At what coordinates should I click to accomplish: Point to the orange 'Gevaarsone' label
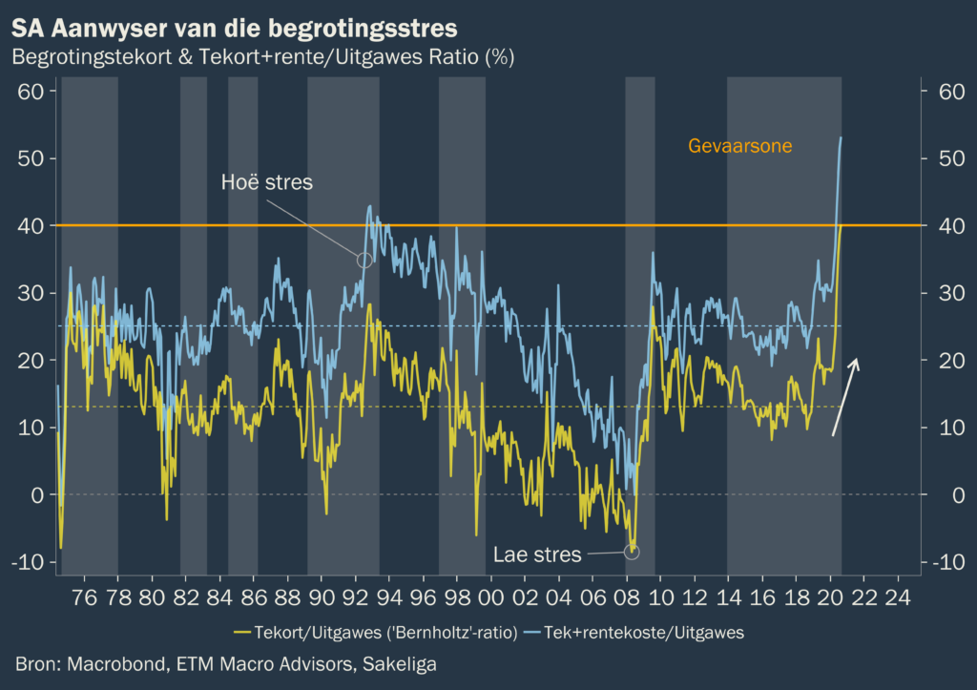click(x=740, y=146)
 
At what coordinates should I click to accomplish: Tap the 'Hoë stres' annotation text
click(x=266, y=181)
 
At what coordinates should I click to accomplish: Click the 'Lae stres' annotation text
click(x=537, y=554)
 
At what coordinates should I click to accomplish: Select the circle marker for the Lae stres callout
click(x=632, y=552)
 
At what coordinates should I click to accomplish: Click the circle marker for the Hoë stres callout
click(x=364, y=259)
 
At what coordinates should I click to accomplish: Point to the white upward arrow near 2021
click(x=844, y=397)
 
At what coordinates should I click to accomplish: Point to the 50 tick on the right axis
click(x=940, y=158)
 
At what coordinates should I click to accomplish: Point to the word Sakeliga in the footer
click(x=398, y=663)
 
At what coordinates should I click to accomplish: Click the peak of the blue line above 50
click(x=841, y=138)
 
